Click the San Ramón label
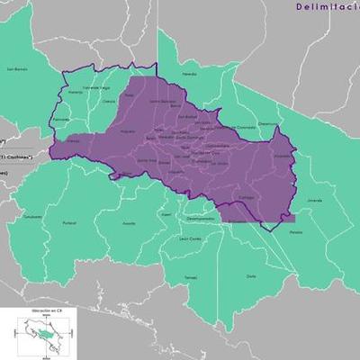click(x=18, y=68)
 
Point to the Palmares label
click(x=61, y=120)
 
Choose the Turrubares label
click(x=32, y=217)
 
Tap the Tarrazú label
click(x=191, y=277)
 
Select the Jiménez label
click(x=314, y=200)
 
